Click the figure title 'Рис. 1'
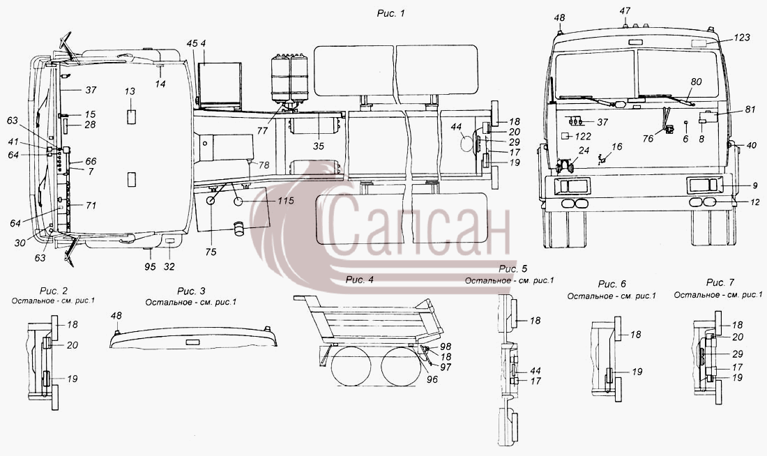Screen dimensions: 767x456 [390, 14]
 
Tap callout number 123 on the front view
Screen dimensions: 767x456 [742, 37]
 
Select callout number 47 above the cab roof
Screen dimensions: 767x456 [625, 10]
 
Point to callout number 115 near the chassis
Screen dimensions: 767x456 [285, 201]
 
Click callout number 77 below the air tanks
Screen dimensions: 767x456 [262, 130]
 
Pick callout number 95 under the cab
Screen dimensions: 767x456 [150, 266]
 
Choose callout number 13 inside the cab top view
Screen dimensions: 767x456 [130, 91]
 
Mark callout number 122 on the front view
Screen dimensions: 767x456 [583, 137]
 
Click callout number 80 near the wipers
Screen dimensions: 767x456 [696, 82]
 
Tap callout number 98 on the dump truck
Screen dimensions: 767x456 [445, 347]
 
